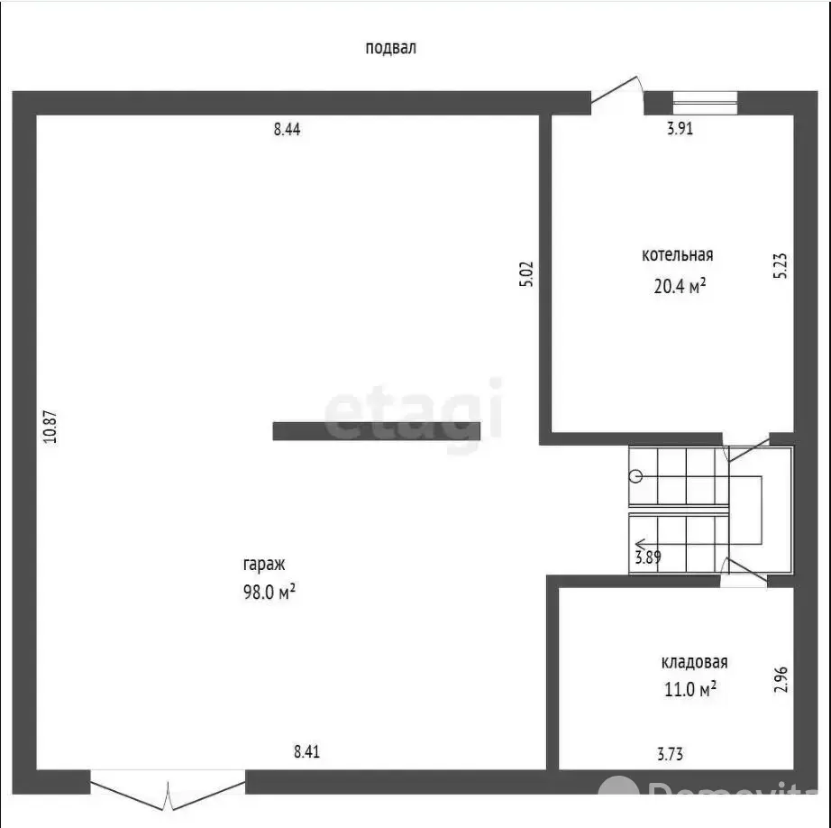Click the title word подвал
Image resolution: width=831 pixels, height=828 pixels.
click(390, 49)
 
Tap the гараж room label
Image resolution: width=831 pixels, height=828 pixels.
click(264, 565)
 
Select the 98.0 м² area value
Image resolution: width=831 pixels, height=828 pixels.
click(269, 592)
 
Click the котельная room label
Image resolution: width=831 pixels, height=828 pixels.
click(677, 255)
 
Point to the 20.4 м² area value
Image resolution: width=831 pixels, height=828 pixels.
click(680, 286)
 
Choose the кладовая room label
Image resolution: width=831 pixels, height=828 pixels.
click(694, 662)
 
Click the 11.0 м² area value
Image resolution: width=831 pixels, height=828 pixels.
click(690, 689)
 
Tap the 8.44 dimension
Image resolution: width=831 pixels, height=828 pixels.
click(287, 129)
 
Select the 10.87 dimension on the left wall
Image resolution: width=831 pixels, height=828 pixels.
click(50, 427)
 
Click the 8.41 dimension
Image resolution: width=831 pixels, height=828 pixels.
click(306, 751)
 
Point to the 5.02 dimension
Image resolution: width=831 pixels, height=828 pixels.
click(526, 274)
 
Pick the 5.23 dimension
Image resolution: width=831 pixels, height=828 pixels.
click(781, 266)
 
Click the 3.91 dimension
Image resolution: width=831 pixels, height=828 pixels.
click(680, 128)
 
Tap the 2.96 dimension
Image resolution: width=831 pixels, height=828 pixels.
click(781, 679)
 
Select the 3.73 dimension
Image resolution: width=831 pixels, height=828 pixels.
click(670, 754)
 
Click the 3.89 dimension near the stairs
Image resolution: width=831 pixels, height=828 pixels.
click(648, 557)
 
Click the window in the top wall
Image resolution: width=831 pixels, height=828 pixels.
click(705, 103)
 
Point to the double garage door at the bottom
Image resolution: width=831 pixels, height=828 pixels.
click(168, 790)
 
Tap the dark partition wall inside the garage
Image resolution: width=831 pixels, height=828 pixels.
click(376, 431)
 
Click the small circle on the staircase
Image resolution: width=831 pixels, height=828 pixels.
click(636, 476)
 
